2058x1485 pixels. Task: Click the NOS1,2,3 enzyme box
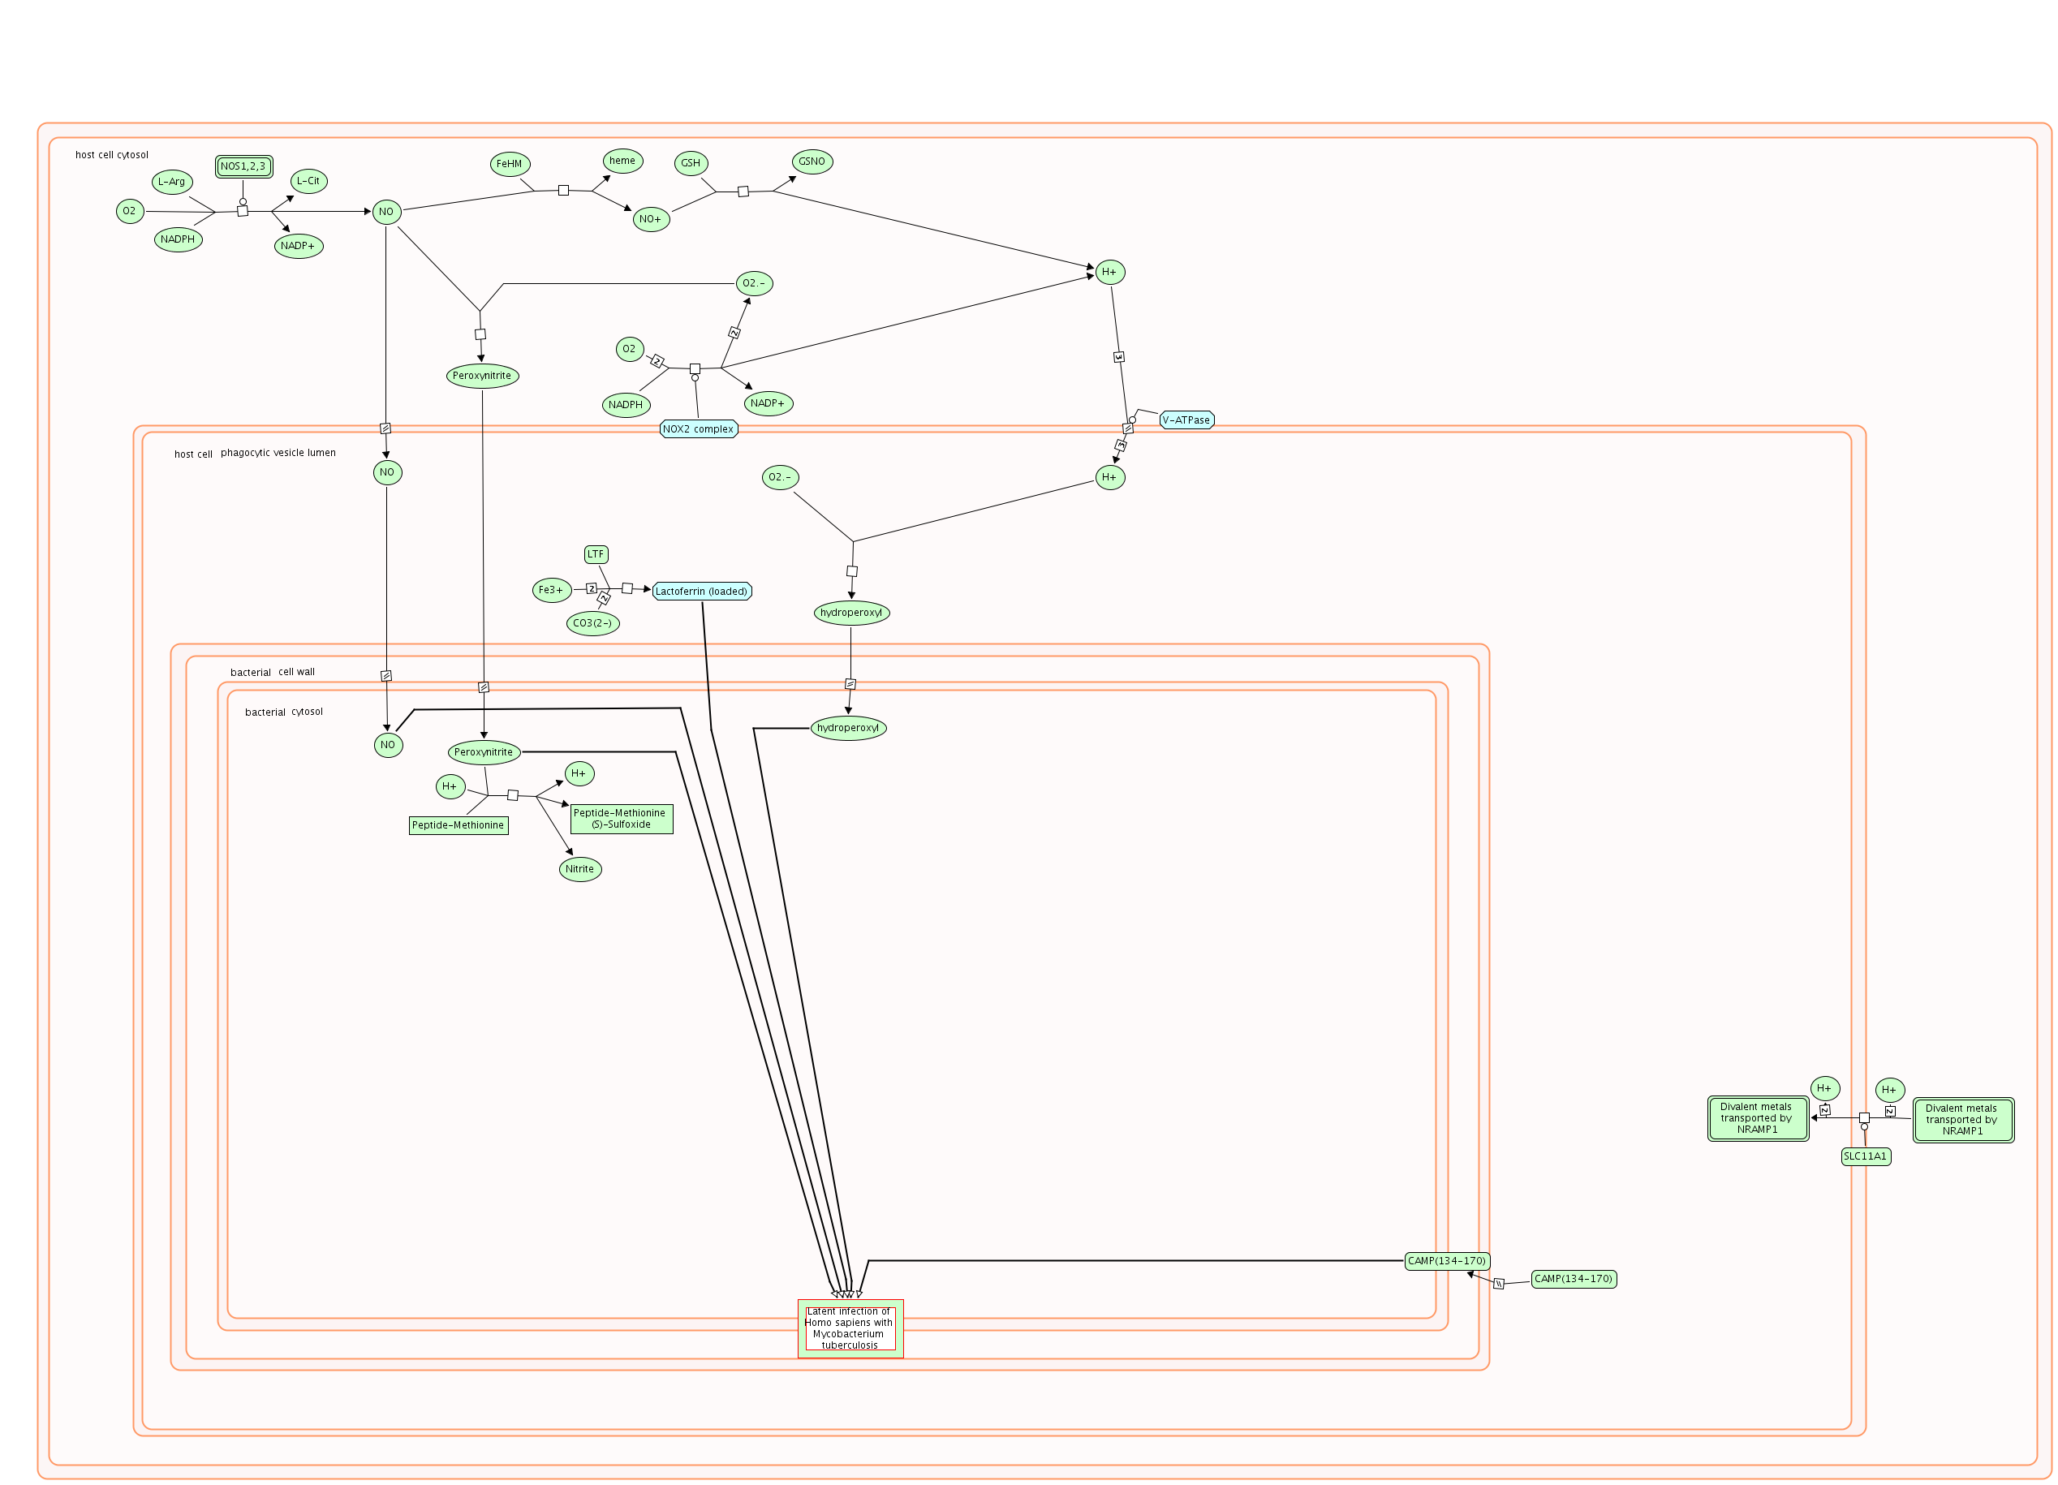(x=243, y=167)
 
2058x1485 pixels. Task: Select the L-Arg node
(x=171, y=182)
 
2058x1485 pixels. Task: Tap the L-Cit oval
(x=308, y=180)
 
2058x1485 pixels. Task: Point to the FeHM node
(x=509, y=164)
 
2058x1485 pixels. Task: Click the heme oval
(x=622, y=161)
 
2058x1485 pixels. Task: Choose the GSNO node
(x=812, y=161)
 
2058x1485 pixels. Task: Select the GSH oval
(x=691, y=163)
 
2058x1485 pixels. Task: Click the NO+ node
(x=651, y=218)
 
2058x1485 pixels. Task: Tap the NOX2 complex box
(x=698, y=429)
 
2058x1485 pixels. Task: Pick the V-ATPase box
(x=1186, y=420)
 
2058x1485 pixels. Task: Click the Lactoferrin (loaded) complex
(x=701, y=592)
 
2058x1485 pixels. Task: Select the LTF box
(x=596, y=554)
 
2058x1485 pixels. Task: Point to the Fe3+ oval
(x=551, y=591)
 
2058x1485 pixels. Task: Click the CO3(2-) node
(x=592, y=623)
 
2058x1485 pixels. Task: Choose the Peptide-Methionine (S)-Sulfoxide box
(x=621, y=818)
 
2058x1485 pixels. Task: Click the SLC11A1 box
(x=1865, y=1156)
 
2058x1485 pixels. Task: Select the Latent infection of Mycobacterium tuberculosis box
(x=850, y=1328)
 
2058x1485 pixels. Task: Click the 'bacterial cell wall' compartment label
(x=272, y=672)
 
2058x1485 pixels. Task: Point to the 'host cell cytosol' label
(x=112, y=155)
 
